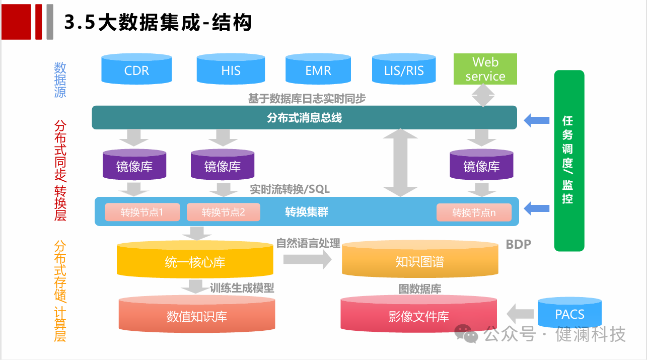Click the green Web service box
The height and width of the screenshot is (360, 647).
coord(485,69)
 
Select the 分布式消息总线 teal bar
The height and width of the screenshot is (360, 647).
coord(304,117)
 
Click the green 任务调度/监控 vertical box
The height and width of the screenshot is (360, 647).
coord(569,160)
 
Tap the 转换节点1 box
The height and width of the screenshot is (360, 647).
coord(142,212)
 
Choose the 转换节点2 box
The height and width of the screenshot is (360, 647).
coord(223,212)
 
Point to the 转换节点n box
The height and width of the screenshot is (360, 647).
coord(473,212)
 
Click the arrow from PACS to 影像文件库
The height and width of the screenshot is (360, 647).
coord(520,314)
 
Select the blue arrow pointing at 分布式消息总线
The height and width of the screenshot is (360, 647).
coord(536,120)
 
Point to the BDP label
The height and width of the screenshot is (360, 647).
coord(518,244)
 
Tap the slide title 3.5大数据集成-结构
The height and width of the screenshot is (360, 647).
coord(158,23)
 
